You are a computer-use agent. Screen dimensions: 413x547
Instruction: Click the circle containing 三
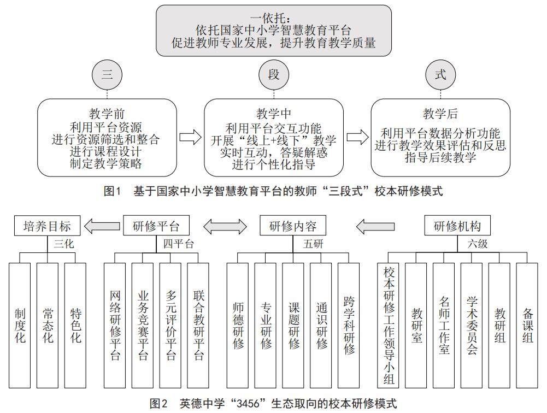[x=107, y=75]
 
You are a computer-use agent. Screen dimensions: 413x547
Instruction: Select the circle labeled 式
[x=440, y=75]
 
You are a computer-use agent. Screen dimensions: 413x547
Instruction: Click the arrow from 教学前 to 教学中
[x=190, y=138]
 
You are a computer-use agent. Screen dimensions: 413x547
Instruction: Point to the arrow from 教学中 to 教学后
[x=357, y=138]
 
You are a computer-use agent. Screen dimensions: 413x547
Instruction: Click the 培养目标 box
[x=46, y=226]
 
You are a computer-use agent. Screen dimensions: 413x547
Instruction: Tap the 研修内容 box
[x=293, y=226]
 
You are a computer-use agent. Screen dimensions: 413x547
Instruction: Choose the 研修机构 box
[x=457, y=226]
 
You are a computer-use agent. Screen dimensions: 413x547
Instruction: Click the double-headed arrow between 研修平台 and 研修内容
[x=225, y=226]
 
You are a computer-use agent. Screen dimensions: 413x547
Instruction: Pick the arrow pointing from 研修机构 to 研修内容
[x=375, y=226]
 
